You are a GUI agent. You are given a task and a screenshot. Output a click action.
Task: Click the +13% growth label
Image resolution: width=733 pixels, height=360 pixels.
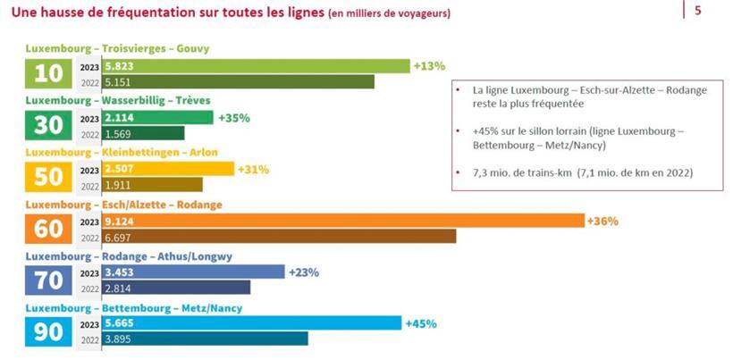point(428,66)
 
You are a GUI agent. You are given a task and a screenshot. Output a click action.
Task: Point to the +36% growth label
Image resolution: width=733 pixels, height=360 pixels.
point(602,221)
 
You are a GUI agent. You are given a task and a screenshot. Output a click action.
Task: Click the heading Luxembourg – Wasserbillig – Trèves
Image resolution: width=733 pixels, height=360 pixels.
point(117,101)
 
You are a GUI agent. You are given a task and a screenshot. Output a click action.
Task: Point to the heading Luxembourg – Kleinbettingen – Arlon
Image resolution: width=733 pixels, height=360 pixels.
point(121,152)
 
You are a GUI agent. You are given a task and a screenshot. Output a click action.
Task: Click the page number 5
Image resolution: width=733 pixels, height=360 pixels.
point(697,12)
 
